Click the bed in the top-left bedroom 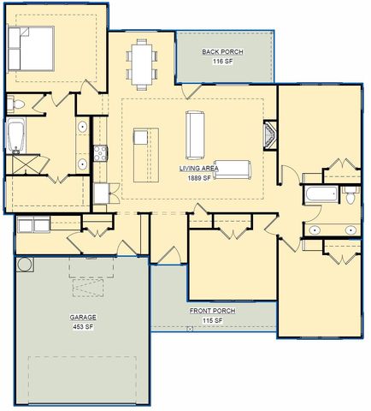(x=32, y=50)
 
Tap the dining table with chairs (x=143, y=61)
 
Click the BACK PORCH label (x=222, y=52)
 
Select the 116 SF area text (x=222, y=63)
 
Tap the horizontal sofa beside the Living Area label (x=231, y=170)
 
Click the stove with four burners (x=99, y=154)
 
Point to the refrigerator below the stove (x=100, y=194)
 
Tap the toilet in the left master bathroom (x=15, y=104)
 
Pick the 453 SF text (x=83, y=326)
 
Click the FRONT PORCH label (x=211, y=310)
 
